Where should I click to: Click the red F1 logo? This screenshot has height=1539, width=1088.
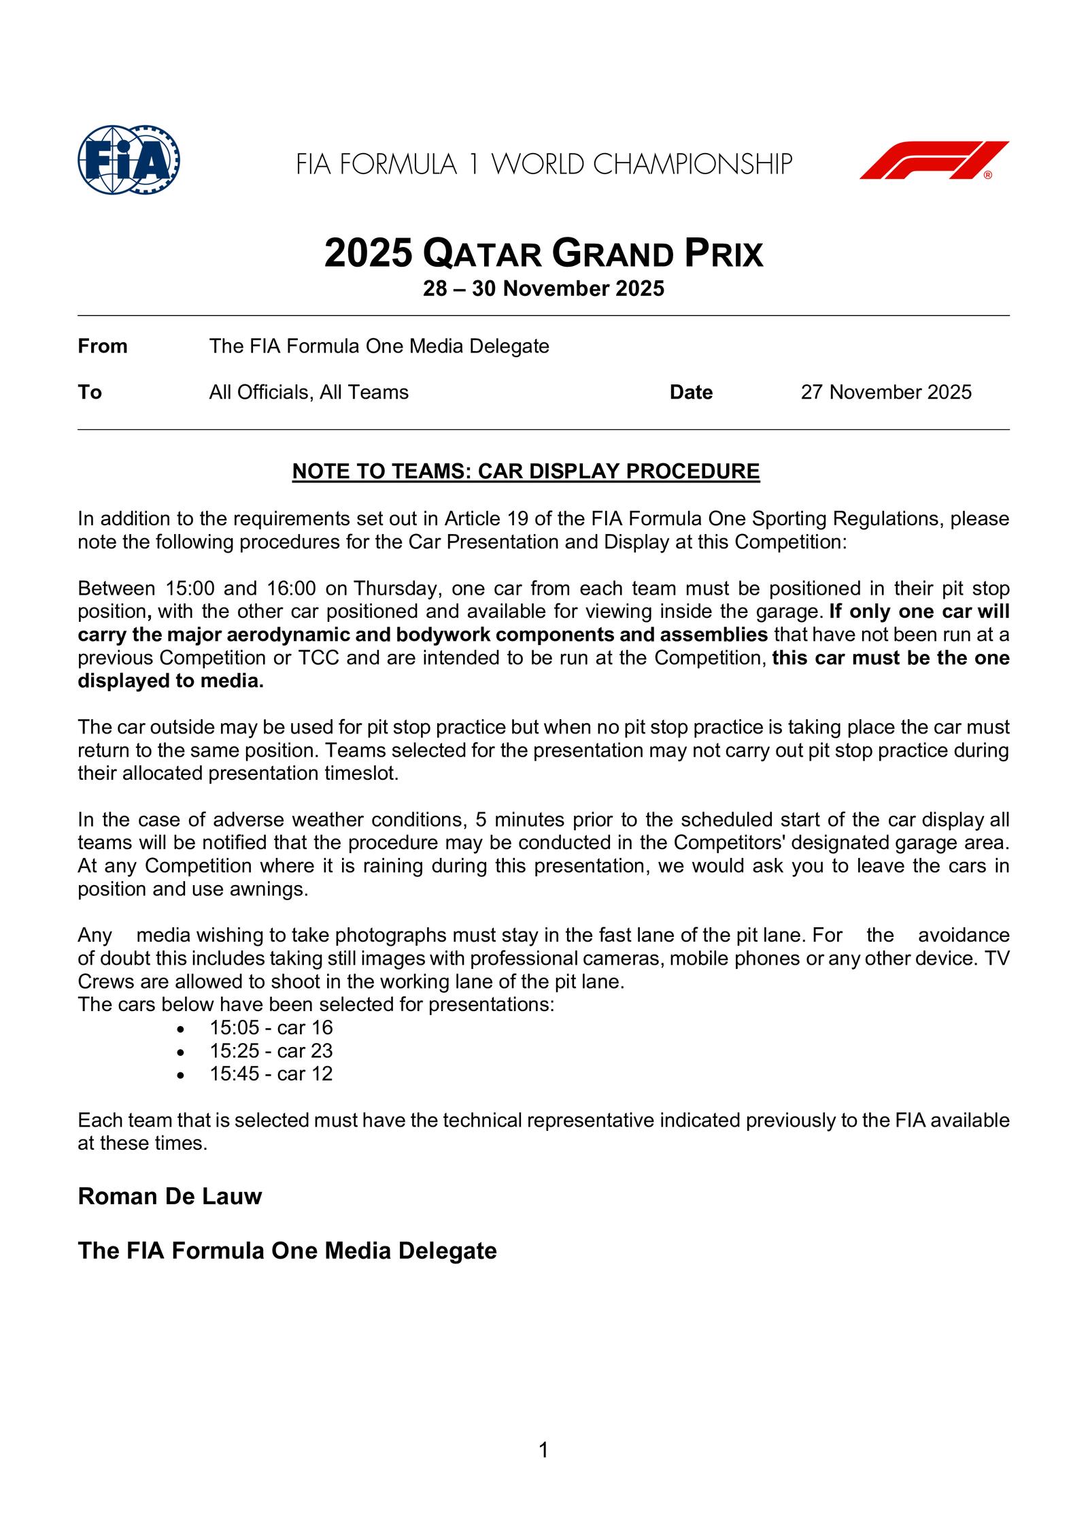(934, 161)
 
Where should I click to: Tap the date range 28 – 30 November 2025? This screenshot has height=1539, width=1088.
(543, 289)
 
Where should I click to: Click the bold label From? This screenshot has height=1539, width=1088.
(103, 347)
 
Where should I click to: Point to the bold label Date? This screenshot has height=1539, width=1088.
(691, 393)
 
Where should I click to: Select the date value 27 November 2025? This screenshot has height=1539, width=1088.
(886, 393)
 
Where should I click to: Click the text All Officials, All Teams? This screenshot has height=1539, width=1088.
(309, 393)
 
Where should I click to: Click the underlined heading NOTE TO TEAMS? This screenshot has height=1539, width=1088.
(526, 471)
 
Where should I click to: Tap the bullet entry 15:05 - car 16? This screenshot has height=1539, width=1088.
(271, 1028)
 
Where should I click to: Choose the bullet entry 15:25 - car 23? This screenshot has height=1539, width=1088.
(271, 1051)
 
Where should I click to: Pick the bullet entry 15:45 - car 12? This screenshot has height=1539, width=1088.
(271, 1074)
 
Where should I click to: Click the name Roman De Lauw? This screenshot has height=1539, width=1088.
(170, 1197)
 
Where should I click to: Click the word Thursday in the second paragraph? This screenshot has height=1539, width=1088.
(394, 589)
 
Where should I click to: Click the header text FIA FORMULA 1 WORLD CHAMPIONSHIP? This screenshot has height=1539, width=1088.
(544, 165)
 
